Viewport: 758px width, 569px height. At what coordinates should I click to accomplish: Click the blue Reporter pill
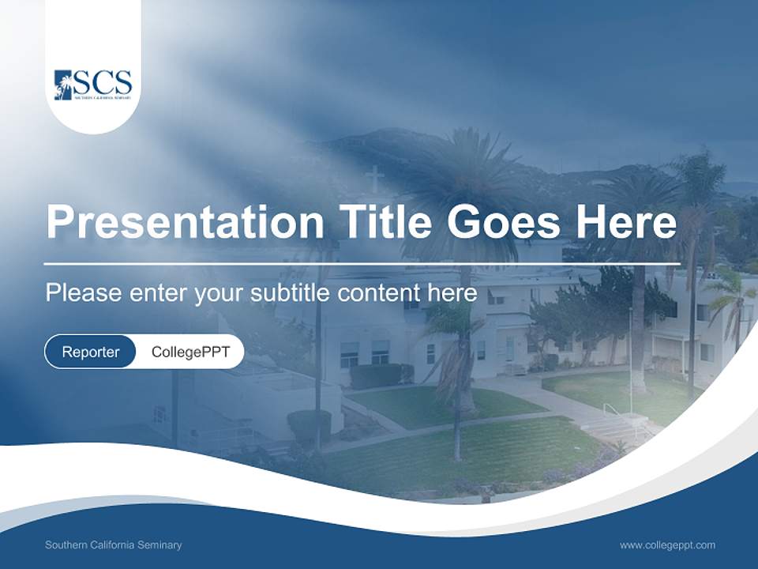tap(90, 352)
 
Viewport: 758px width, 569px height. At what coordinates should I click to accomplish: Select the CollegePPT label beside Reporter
tap(190, 352)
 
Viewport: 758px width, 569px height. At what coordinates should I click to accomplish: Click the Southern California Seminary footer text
tap(113, 545)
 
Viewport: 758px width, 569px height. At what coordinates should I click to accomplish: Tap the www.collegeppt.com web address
tap(667, 545)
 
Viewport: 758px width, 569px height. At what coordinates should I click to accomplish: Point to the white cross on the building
tap(375, 179)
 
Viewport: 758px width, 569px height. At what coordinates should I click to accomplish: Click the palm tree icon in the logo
tap(63, 85)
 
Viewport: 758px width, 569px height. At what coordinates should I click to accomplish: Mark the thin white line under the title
tap(362, 263)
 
